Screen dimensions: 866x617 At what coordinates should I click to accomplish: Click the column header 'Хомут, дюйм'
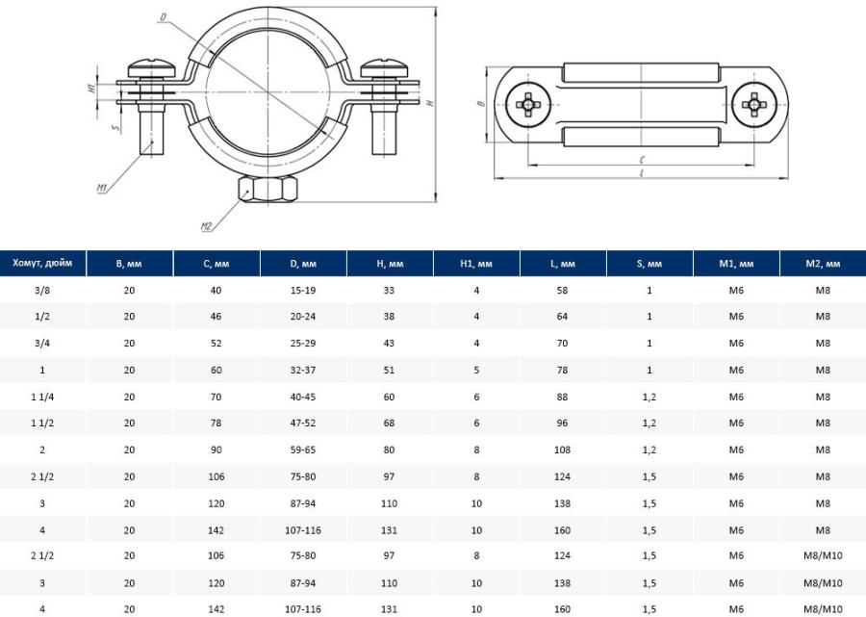click(x=42, y=263)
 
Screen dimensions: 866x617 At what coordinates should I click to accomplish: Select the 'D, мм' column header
click(x=303, y=264)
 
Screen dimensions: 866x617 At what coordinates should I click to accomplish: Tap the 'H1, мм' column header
click(x=476, y=264)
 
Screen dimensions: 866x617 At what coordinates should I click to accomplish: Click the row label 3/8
click(x=42, y=290)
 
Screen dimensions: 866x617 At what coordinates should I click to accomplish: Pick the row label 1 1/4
click(x=42, y=397)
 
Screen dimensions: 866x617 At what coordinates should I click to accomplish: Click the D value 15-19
click(x=303, y=290)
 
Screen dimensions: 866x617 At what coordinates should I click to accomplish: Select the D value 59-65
click(x=303, y=450)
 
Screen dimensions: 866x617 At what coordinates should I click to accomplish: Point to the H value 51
click(x=389, y=370)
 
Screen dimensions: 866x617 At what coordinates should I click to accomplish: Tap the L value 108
click(x=562, y=450)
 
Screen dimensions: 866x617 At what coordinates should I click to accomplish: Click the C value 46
click(x=216, y=316)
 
